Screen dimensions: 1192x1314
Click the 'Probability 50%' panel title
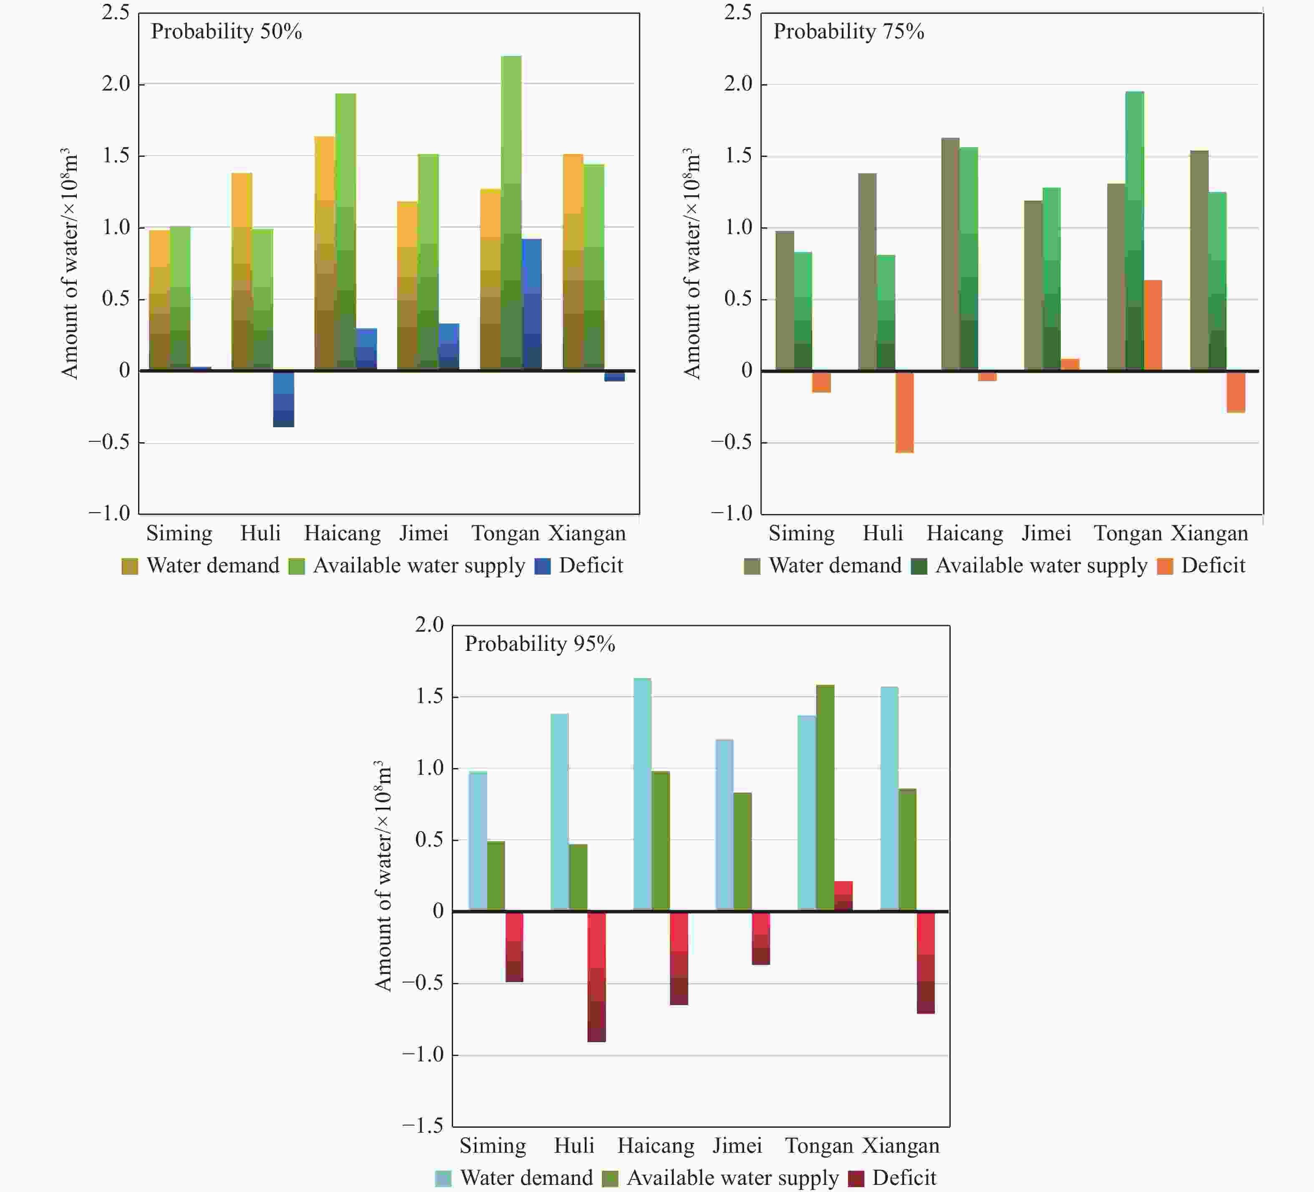pos(226,31)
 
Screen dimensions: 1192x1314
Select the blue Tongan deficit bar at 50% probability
pos(532,305)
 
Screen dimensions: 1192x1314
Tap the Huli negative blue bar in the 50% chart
pos(284,399)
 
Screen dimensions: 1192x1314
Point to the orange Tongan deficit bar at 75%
pos(1152,325)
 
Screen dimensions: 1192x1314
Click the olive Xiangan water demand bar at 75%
pos(1198,260)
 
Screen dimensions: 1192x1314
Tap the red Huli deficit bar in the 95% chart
pos(597,976)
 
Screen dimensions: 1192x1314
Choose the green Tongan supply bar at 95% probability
pos(825,797)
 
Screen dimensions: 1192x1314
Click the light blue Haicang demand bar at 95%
pos(642,794)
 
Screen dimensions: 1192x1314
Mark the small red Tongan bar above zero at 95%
pos(843,896)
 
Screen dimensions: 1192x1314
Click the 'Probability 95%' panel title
pos(540,644)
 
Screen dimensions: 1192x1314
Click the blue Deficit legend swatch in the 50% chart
pos(542,566)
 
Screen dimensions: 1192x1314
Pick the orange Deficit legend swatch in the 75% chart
pos(1165,566)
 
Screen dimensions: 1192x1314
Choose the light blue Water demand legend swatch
pos(443,1178)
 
